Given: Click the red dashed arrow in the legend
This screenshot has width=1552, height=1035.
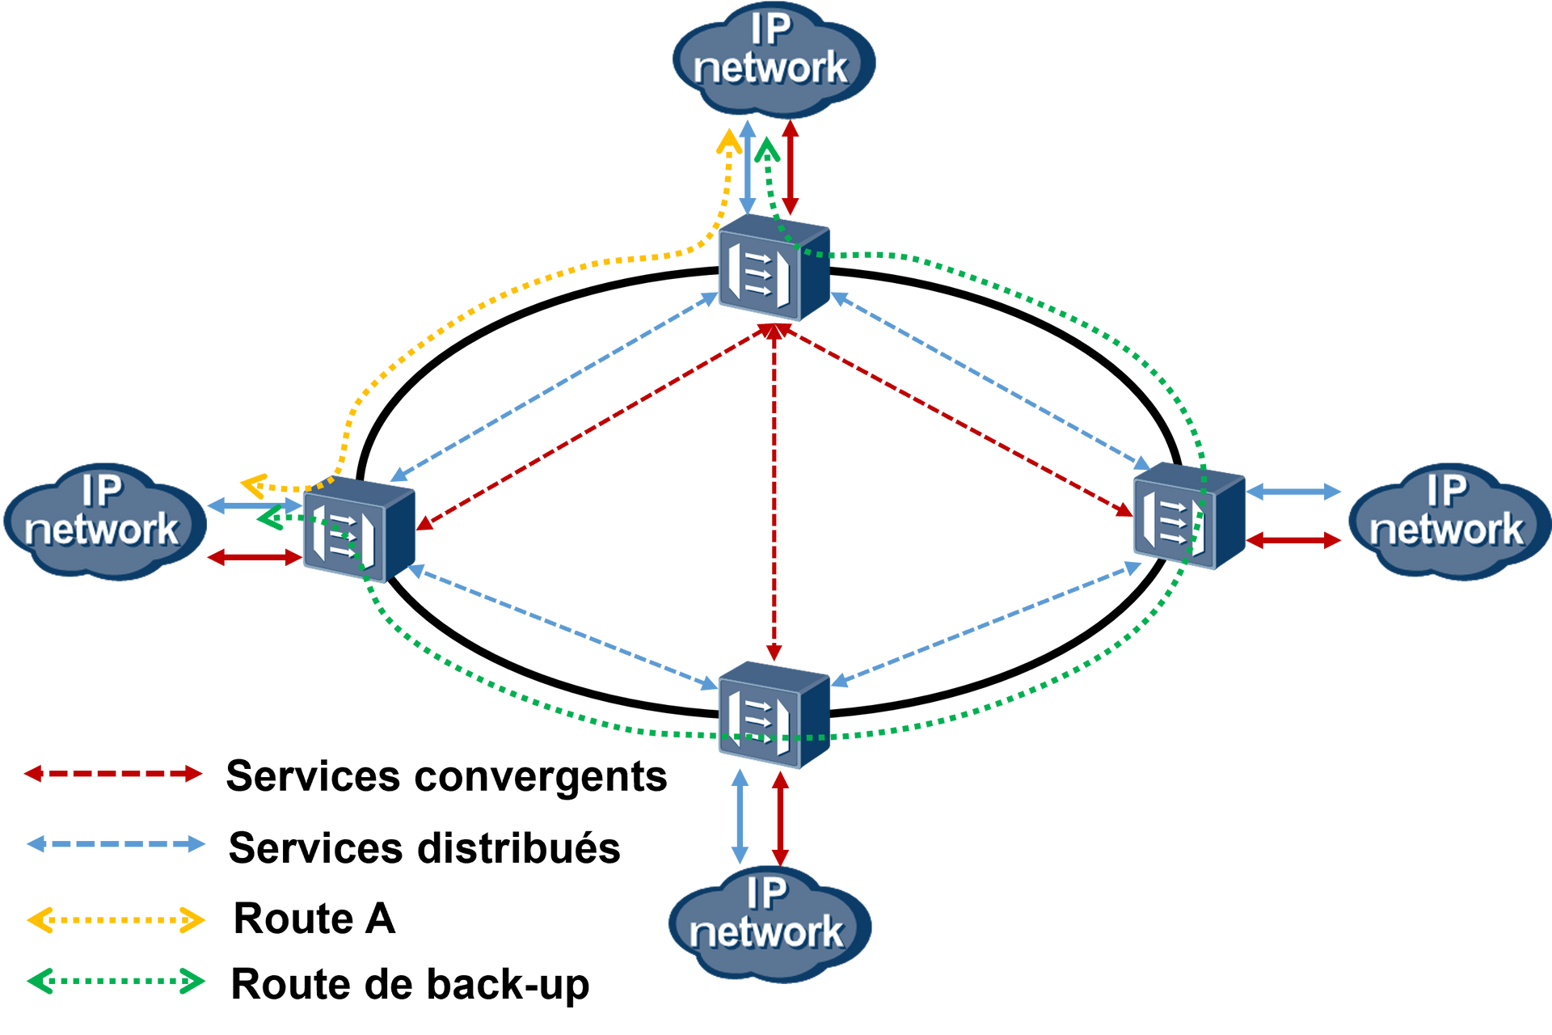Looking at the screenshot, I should tap(113, 774).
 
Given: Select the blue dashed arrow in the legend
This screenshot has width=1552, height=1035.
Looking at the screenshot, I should tap(116, 844).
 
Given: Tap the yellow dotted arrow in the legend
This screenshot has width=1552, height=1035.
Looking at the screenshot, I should tap(116, 920).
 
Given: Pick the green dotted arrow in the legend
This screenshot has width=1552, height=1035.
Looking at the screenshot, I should tap(116, 981).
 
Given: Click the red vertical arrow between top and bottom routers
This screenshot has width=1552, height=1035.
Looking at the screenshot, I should tap(774, 493).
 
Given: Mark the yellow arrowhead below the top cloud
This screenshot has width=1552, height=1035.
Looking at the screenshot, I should tap(727, 142).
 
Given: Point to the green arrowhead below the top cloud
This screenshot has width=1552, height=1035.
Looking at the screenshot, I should tap(767, 149).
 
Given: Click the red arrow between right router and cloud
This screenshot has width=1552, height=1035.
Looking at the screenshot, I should tap(1295, 540).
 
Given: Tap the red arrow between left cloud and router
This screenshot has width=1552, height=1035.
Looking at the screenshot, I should tap(253, 557).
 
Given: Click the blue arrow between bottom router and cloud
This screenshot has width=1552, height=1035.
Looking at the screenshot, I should tap(740, 817).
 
